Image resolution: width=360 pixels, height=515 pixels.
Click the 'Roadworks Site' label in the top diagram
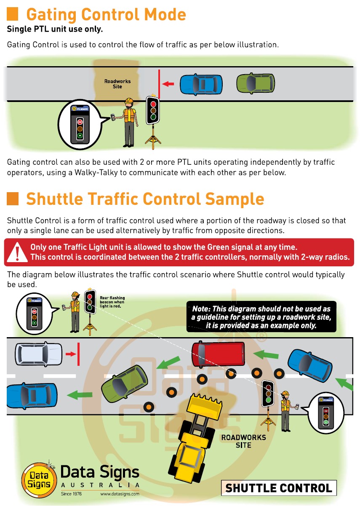click(117, 84)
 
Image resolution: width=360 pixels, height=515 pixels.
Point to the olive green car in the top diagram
click(256, 83)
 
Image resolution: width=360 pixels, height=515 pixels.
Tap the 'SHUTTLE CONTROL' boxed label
click(279, 488)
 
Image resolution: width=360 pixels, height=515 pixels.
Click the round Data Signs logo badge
click(39, 480)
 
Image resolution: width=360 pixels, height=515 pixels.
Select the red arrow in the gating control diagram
click(168, 84)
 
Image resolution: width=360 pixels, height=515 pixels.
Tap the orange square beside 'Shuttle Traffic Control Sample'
click(13, 198)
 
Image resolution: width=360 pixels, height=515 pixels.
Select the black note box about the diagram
click(261, 316)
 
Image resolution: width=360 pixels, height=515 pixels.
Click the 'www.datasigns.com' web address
click(120, 494)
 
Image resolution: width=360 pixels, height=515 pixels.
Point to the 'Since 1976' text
click(71, 494)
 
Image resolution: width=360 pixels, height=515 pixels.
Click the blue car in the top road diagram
click(201, 84)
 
